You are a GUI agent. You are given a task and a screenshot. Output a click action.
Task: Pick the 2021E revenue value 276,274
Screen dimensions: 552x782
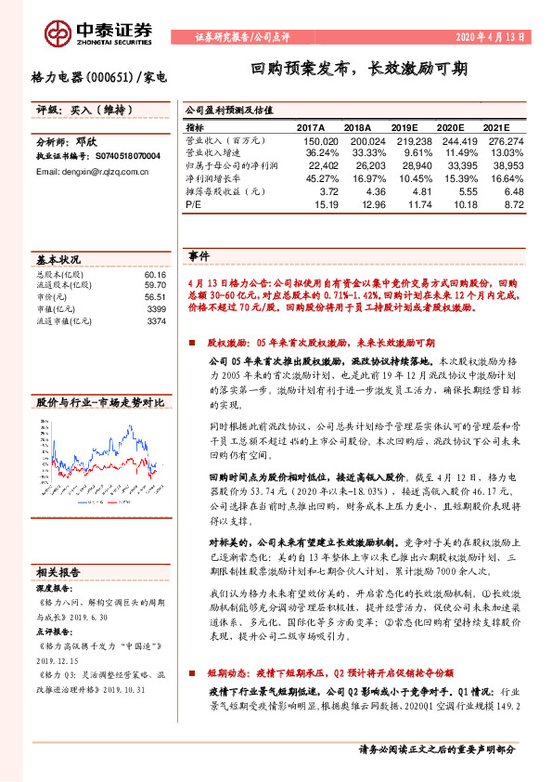[x=506, y=140]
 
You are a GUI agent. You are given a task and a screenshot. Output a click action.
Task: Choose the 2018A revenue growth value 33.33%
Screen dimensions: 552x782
[x=355, y=152]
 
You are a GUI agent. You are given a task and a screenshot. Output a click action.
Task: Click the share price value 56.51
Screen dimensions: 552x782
[x=155, y=297]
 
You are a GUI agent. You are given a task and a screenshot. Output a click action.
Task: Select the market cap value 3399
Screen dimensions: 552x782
[x=156, y=308]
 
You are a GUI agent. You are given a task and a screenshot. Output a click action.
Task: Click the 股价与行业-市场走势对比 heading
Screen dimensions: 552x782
[x=99, y=402]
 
